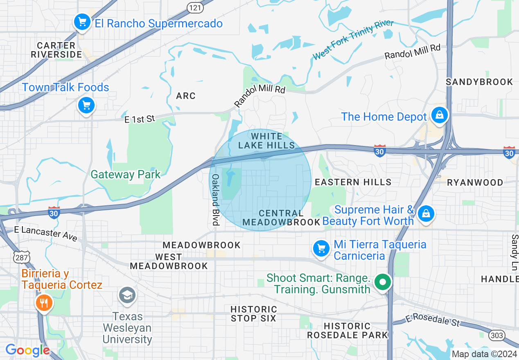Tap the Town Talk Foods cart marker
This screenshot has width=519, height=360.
[x=86, y=106]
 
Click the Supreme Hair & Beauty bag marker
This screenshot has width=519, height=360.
[x=426, y=214]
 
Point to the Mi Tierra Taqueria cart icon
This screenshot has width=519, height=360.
[x=321, y=248]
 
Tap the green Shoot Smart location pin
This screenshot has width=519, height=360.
[x=383, y=282]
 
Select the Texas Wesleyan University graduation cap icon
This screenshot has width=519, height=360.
[x=127, y=295]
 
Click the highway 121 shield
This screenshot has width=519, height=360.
[x=194, y=7]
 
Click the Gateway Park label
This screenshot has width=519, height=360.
[x=126, y=175]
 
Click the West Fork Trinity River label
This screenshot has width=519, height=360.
[x=353, y=40]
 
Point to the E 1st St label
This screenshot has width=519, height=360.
[x=140, y=119]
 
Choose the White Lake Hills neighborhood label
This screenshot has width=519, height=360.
[x=266, y=141]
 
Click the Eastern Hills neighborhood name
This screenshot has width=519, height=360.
[x=353, y=182]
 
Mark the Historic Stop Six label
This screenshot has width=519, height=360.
[x=254, y=313]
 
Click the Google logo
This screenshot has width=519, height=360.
[x=27, y=351]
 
